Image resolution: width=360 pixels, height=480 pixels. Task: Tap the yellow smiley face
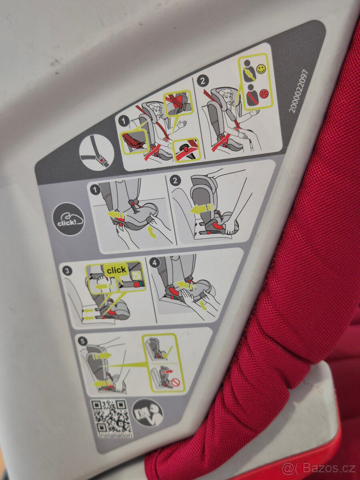pyautogui.click(x=261, y=69)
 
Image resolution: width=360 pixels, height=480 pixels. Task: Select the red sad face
pyautogui.click(x=264, y=94)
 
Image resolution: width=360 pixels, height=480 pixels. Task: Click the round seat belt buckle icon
pyautogui.click(x=96, y=152)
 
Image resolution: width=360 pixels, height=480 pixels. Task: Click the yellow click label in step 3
pyautogui.click(x=116, y=270)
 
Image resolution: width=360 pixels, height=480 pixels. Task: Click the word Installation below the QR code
pyautogui.click(x=115, y=434)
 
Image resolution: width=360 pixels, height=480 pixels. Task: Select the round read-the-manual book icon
pyautogui.click(x=148, y=412)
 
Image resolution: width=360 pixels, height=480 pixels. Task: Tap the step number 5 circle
pyautogui.click(x=82, y=341)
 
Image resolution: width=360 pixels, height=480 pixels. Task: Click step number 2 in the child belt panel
pyautogui.click(x=203, y=81)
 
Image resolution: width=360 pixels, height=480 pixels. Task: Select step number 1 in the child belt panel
pyautogui.click(x=124, y=120)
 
